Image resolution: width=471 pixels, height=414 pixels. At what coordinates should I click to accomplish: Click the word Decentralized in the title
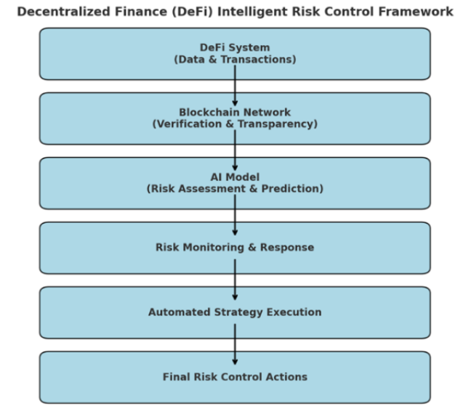pos(64,12)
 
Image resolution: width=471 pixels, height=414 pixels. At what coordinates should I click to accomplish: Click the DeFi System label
pos(235,47)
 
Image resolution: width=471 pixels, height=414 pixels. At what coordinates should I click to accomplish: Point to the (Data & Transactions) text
pos(235,60)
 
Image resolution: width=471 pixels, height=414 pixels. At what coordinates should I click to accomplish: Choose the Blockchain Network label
pos(235,113)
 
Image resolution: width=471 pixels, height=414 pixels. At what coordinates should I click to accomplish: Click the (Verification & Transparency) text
pos(235,124)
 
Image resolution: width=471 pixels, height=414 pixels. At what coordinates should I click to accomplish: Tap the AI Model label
pos(235,176)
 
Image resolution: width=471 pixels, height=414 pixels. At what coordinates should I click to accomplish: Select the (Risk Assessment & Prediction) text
pos(235,189)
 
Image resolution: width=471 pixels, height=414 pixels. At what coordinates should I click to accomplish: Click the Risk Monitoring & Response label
pos(235,248)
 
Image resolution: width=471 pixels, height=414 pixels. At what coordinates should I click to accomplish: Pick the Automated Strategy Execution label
pos(235,312)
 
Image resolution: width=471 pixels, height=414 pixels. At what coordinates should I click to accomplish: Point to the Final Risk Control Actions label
pos(235,377)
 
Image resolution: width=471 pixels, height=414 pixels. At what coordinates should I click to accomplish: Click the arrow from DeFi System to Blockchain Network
pos(235,86)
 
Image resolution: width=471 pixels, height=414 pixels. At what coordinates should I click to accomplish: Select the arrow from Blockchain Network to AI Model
pos(235,150)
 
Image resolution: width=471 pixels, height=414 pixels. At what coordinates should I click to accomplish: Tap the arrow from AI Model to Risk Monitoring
pos(235,215)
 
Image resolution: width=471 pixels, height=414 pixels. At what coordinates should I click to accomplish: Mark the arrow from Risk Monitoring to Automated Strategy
pos(235,280)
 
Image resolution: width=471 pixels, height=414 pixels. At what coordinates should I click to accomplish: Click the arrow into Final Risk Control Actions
pos(235,344)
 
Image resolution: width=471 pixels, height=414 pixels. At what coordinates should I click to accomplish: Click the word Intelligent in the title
pos(251,12)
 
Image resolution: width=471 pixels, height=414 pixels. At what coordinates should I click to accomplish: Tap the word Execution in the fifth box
pos(294,312)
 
